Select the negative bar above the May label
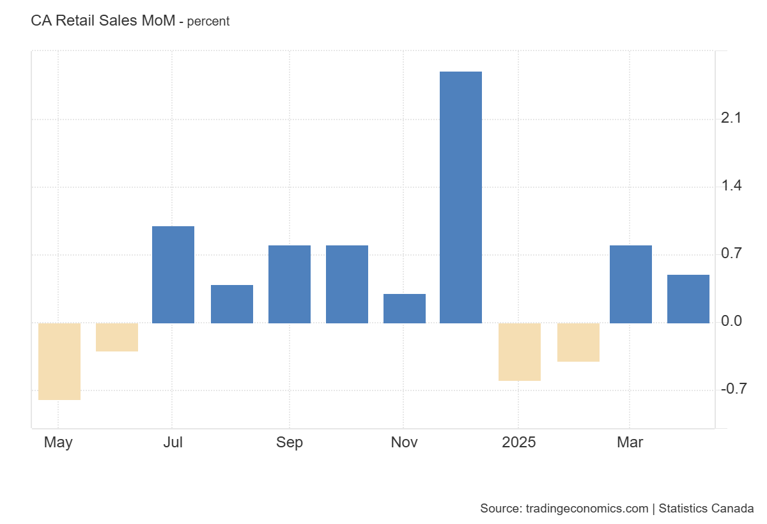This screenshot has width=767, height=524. point(59,361)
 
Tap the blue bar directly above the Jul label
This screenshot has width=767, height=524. point(173,275)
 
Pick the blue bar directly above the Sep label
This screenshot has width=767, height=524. point(290,284)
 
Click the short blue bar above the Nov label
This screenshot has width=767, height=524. point(405,309)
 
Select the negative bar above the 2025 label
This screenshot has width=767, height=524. point(520,351)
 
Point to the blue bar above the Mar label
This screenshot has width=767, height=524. point(631,284)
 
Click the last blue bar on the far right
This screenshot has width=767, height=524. point(688,299)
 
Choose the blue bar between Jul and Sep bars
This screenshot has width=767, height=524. point(232,304)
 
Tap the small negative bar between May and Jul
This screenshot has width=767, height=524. point(117,337)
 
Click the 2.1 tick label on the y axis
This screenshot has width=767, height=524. point(730,118)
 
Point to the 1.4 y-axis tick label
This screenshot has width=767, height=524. point(730,186)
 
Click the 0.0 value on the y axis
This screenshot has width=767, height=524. point(730,321)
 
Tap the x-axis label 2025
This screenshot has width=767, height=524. point(518,442)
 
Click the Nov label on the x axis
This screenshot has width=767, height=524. point(404,442)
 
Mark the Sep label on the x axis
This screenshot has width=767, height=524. point(290,442)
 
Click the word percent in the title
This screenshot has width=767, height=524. point(208,22)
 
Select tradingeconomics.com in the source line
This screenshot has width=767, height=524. point(587,509)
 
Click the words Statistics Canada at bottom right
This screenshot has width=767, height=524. point(706,509)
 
